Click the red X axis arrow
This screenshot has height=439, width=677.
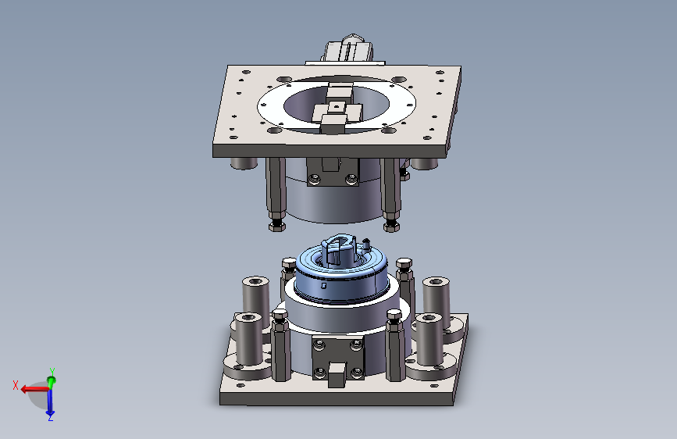[x=34, y=389]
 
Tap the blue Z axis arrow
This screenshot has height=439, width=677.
[x=50, y=402]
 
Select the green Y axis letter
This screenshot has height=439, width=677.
[x=52, y=372]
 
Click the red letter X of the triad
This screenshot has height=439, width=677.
[x=16, y=385]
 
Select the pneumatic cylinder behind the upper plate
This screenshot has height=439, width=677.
[x=347, y=50]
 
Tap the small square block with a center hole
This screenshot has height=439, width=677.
[x=337, y=106]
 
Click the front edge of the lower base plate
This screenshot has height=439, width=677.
[x=336, y=399]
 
